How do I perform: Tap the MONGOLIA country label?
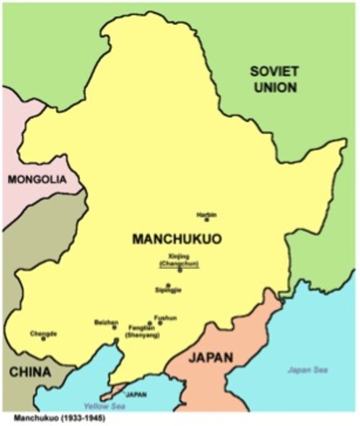click(x=37, y=179)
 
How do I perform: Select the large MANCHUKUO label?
click(x=175, y=239)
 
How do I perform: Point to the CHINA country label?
click(x=29, y=373)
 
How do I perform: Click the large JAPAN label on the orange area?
click(x=212, y=358)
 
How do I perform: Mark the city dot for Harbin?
click(x=207, y=220)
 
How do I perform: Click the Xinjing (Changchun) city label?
click(x=179, y=259)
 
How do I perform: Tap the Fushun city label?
click(x=165, y=317)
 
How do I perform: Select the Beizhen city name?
click(x=106, y=322)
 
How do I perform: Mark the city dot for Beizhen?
click(x=114, y=327)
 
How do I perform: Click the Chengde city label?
click(x=43, y=333)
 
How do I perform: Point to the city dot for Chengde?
click(x=43, y=338)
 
